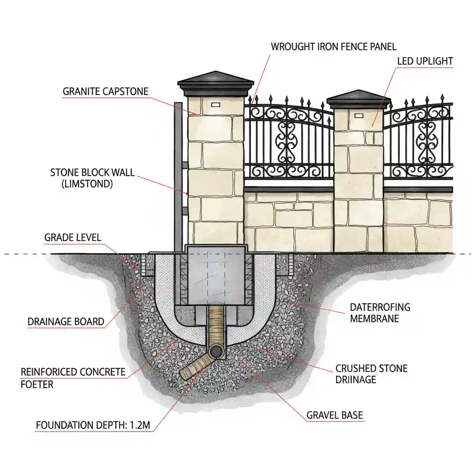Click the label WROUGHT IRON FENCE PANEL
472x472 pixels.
coord(333,47)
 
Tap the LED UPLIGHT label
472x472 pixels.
coord(425,61)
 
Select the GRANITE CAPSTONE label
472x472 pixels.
coord(106,91)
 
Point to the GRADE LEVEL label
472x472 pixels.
coord(72,238)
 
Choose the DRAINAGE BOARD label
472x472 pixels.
coord(66,321)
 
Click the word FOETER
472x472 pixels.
coord(37,383)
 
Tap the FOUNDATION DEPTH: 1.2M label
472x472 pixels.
coord(93,425)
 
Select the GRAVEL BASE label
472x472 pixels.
coord(335,415)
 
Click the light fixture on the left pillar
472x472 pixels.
coord(216,105)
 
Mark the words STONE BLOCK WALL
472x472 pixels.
coord(92,173)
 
